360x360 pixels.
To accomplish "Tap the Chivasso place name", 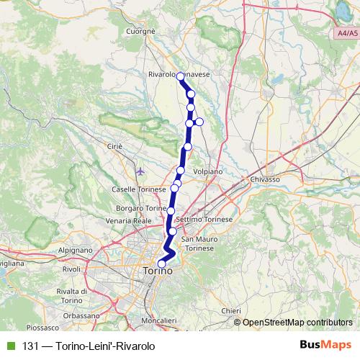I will pos(265,178).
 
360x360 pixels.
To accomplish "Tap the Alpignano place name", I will pos(76,248).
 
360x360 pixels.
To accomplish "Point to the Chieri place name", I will pos(230,310).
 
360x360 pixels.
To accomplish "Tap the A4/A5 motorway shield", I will pos(346,33).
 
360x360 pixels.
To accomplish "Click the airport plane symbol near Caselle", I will pos(140,171).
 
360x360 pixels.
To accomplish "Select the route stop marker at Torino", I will pos(161,264).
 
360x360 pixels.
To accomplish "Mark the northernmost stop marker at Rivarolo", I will pos(181,76).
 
